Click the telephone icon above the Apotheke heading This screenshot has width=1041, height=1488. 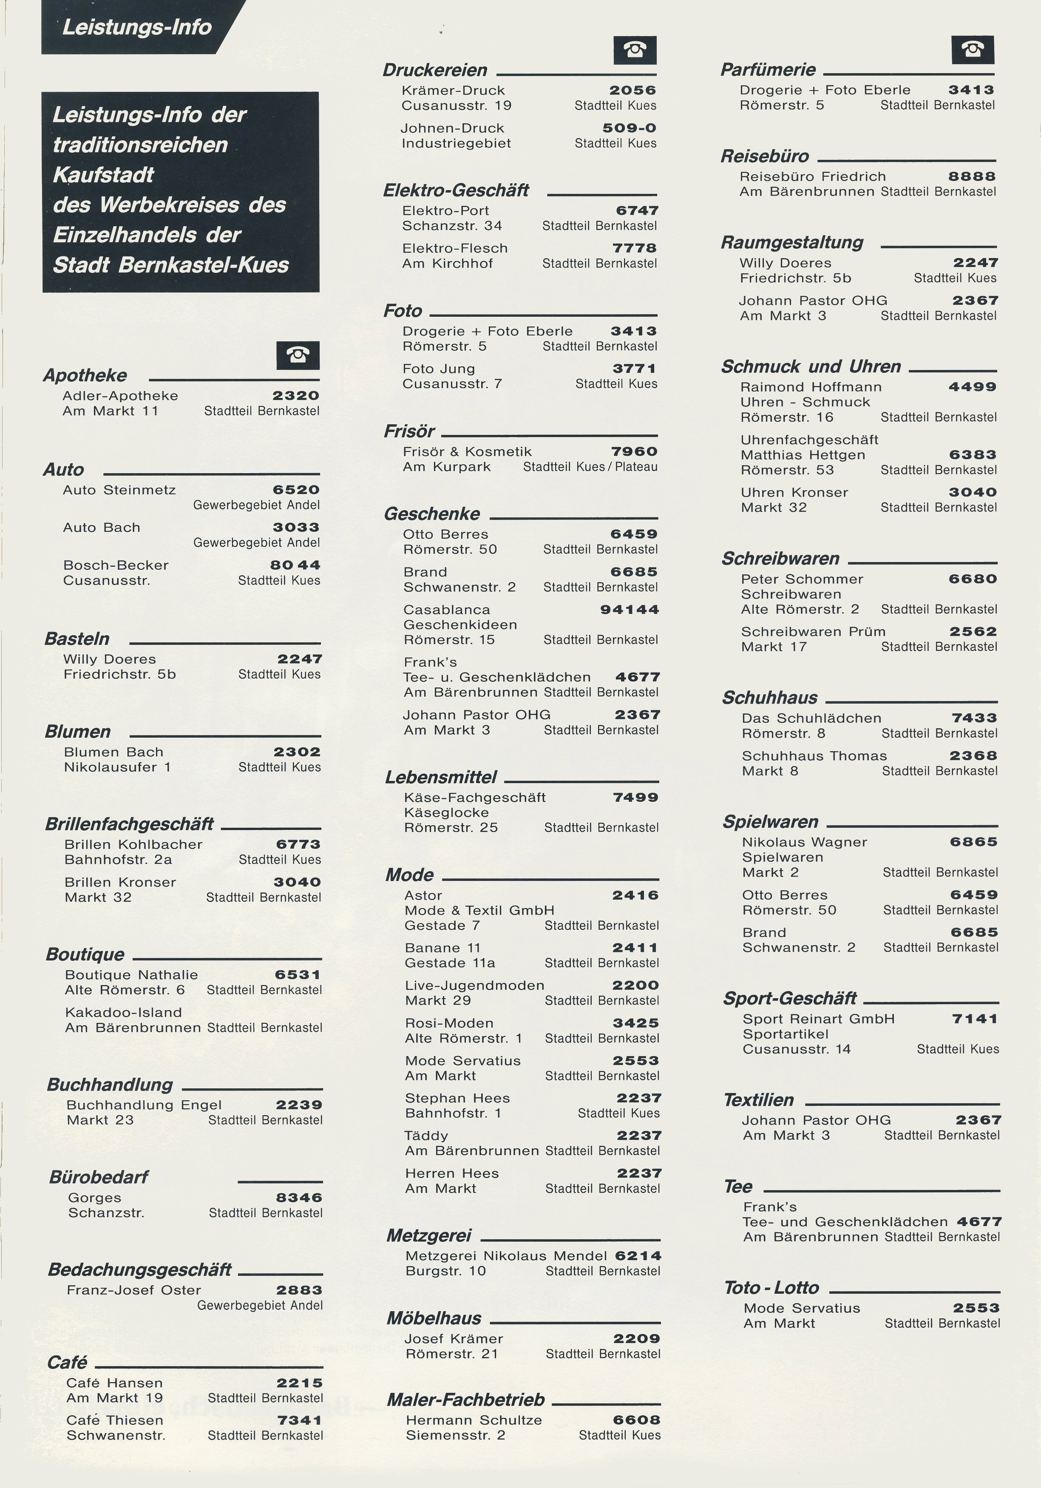(x=298, y=355)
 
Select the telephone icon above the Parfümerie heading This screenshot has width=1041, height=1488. (x=972, y=49)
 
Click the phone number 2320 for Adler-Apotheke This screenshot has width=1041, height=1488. (x=296, y=395)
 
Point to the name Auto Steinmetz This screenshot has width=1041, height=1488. (x=119, y=490)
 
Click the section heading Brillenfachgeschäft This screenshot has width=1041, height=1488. (x=130, y=824)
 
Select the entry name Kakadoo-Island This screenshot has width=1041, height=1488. (x=123, y=1012)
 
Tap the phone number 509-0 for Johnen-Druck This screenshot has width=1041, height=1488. (x=629, y=128)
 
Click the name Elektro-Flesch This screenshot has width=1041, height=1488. (x=455, y=248)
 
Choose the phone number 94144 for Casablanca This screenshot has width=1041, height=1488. (x=629, y=609)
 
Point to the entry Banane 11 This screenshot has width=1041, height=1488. (x=443, y=948)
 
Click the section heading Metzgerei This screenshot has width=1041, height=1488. (x=429, y=1235)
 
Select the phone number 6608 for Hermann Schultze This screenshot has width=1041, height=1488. (x=637, y=1420)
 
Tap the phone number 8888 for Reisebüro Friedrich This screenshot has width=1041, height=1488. (x=972, y=176)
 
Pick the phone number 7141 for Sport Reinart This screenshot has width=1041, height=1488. (x=975, y=1019)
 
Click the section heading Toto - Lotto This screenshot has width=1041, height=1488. (x=772, y=1288)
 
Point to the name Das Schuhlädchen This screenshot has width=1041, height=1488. (x=812, y=718)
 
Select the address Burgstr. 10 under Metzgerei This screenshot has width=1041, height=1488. (x=445, y=1271)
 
